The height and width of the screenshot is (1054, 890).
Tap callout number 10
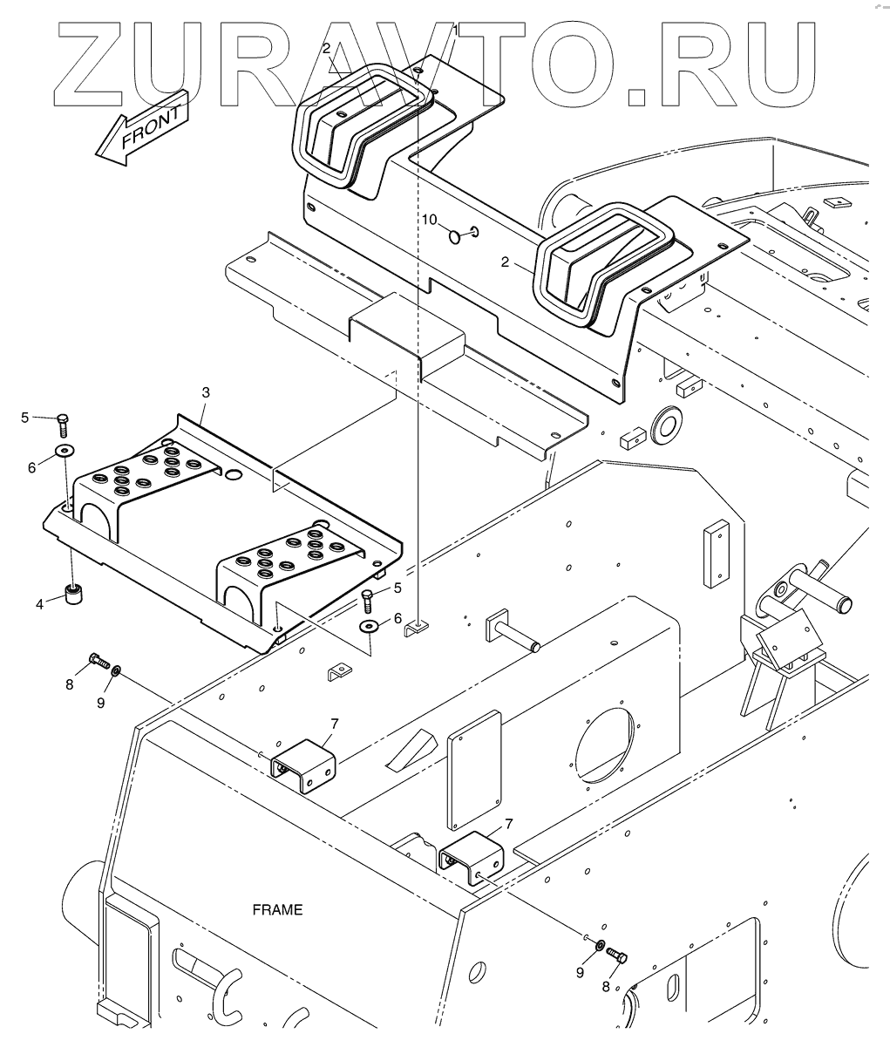tap(429, 220)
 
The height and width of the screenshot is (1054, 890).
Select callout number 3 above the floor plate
tap(206, 392)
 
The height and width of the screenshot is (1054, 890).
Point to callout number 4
tap(40, 604)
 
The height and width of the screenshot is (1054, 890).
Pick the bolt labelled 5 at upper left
tap(63, 425)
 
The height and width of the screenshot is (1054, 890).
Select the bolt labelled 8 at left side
tap(99, 660)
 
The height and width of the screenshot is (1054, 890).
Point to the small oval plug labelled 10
tap(455, 237)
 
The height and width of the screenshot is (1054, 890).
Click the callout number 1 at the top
tap(455, 31)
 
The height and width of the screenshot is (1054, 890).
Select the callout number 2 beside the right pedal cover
tap(505, 262)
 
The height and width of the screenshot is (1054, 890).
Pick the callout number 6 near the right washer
tap(397, 618)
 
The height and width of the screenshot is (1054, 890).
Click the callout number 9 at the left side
tap(101, 703)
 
